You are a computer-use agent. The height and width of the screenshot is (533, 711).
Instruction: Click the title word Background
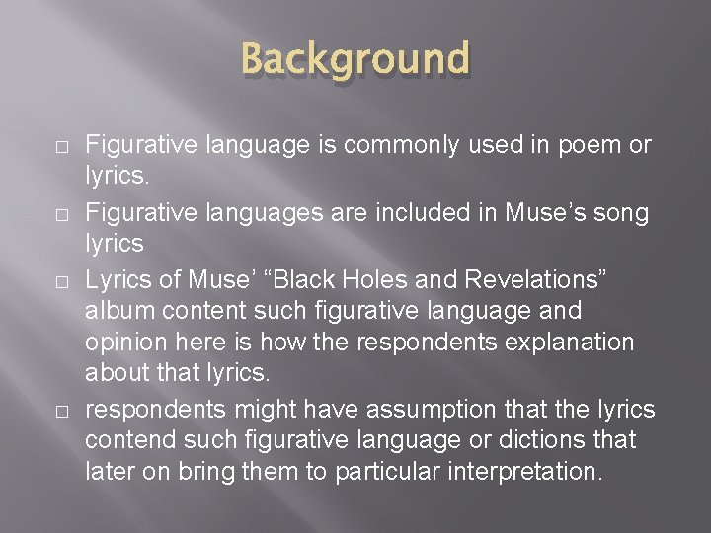click(355, 60)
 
